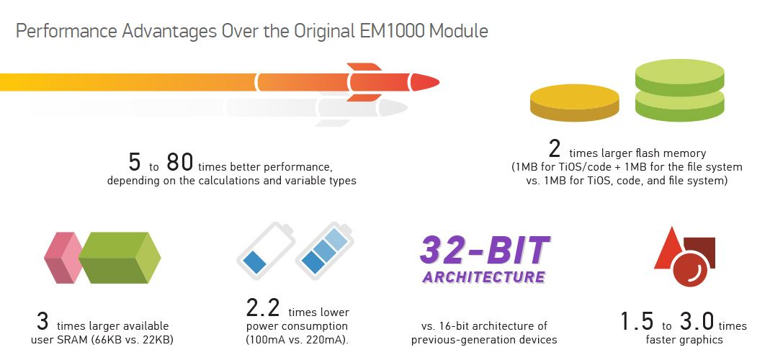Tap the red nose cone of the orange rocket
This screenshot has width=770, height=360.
[x=424, y=82]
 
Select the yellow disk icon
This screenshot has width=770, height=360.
[x=575, y=103]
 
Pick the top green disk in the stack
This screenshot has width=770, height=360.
[x=680, y=78]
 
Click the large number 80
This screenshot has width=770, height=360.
[x=179, y=161]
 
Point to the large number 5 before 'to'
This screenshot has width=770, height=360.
[x=134, y=161]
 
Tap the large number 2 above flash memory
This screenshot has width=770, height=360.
[x=555, y=149]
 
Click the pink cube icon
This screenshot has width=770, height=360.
[x=63, y=257]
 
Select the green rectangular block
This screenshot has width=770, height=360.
[x=120, y=257]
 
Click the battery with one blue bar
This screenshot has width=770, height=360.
[x=266, y=251]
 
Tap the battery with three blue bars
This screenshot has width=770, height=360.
[x=324, y=251]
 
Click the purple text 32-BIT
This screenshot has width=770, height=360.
[x=485, y=250]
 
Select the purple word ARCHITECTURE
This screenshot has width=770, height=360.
[x=484, y=277]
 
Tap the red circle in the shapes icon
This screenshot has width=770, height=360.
[x=690, y=269]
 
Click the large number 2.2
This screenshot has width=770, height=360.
[x=263, y=308]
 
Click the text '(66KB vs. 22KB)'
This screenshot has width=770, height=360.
[x=132, y=339]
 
